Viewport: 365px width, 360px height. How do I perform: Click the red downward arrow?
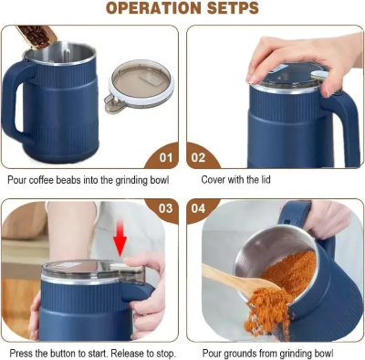(x=120, y=245)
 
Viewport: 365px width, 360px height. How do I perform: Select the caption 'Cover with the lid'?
(x=236, y=180)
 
